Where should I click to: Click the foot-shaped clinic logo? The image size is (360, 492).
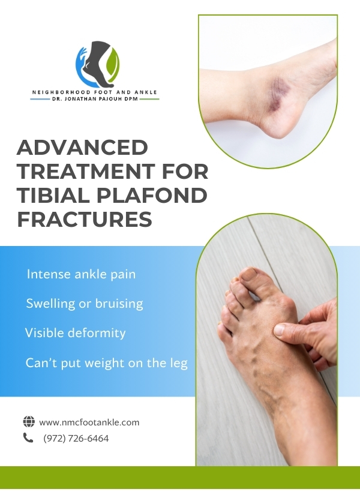(x=98, y=64)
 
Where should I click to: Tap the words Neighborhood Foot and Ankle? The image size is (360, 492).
(x=94, y=92)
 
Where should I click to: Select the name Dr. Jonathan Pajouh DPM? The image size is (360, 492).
(x=95, y=99)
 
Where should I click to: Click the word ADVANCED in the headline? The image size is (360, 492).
(x=82, y=147)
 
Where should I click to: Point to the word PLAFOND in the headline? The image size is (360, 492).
(x=152, y=195)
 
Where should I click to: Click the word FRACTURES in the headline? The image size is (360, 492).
(x=85, y=219)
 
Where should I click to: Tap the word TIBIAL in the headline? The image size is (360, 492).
(x=54, y=195)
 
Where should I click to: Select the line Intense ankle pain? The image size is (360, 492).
(x=81, y=274)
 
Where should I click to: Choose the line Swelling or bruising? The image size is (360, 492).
(x=85, y=304)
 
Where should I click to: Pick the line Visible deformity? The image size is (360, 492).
(x=76, y=332)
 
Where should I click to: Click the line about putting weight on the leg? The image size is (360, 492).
(x=106, y=363)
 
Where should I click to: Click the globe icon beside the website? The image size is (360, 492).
(x=29, y=421)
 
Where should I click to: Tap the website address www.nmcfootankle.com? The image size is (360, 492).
(x=89, y=422)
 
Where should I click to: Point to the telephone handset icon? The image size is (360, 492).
(x=28, y=437)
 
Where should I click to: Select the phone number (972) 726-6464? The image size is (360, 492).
(x=76, y=439)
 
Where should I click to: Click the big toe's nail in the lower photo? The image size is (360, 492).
(x=248, y=274)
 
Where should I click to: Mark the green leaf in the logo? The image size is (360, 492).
(x=113, y=63)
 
